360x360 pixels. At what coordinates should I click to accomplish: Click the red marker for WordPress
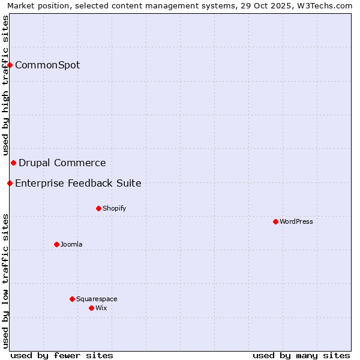point(275,221)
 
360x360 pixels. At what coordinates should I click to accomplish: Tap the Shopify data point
point(98,208)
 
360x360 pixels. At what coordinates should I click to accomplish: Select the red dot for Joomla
point(56,244)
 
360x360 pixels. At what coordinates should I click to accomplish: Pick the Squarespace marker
point(72,299)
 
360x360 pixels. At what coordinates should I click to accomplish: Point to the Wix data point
point(91,308)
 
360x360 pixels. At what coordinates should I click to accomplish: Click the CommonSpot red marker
point(10,65)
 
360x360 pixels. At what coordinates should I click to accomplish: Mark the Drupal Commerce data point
point(13,163)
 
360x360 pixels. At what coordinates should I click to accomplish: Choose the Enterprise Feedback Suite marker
point(10,183)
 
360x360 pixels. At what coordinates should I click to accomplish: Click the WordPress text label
point(296,221)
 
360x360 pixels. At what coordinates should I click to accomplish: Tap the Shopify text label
point(115,208)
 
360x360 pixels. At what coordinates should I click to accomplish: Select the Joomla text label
point(71,244)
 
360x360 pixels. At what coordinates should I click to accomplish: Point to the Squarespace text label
point(97,299)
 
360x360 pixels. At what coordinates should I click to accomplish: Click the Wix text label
point(101,308)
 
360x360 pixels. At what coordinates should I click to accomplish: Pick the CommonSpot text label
point(47,65)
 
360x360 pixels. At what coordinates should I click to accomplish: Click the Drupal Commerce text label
point(62,163)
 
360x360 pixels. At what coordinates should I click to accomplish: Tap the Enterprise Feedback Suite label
point(78,183)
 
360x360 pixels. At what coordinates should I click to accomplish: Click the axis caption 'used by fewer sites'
point(62,355)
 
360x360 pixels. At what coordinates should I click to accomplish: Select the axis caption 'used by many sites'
point(301,355)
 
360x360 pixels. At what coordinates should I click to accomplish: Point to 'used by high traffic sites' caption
point(5,85)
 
